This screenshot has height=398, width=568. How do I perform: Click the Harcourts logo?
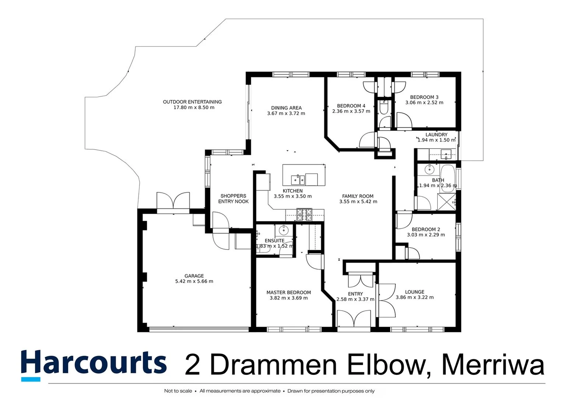(x=94, y=364)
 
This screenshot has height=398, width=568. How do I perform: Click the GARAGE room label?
(x=194, y=276)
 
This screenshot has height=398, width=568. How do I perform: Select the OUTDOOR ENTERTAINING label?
(x=192, y=102)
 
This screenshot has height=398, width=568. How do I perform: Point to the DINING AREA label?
(x=286, y=108)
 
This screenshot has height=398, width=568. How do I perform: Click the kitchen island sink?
(x=298, y=179)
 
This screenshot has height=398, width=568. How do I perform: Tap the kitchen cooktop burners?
(x=304, y=214)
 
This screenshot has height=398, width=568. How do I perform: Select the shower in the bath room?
(x=446, y=201)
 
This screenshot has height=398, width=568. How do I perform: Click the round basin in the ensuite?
(x=284, y=230)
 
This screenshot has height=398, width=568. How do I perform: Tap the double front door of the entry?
(x=354, y=319)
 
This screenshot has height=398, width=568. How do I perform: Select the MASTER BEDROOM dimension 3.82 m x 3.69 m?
(x=288, y=298)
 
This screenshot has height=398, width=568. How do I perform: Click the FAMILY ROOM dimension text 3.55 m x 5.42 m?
(x=358, y=202)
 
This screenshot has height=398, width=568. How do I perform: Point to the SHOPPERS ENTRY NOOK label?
(x=233, y=199)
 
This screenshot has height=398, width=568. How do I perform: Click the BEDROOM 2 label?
(x=426, y=229)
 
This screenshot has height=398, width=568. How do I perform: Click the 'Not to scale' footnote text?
(x=178, y=391)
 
